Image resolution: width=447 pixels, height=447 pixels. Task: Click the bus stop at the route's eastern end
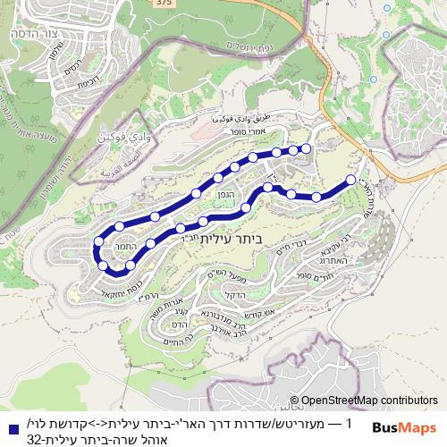point(350,181)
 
